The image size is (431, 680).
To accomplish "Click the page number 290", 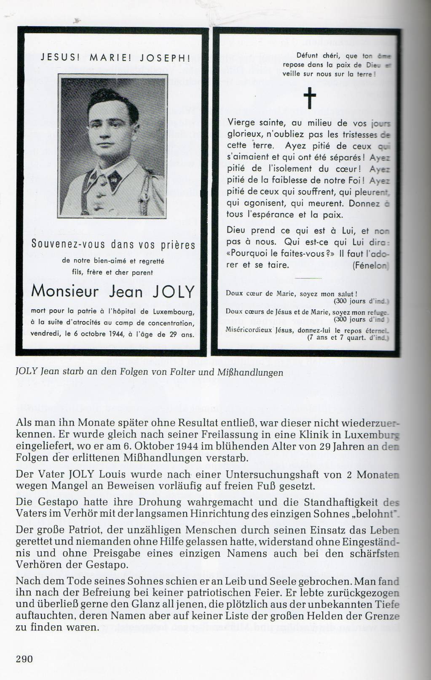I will (24, 659).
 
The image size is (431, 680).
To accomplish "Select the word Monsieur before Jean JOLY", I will (65, 292).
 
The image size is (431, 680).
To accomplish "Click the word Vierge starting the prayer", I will (241, 123).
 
